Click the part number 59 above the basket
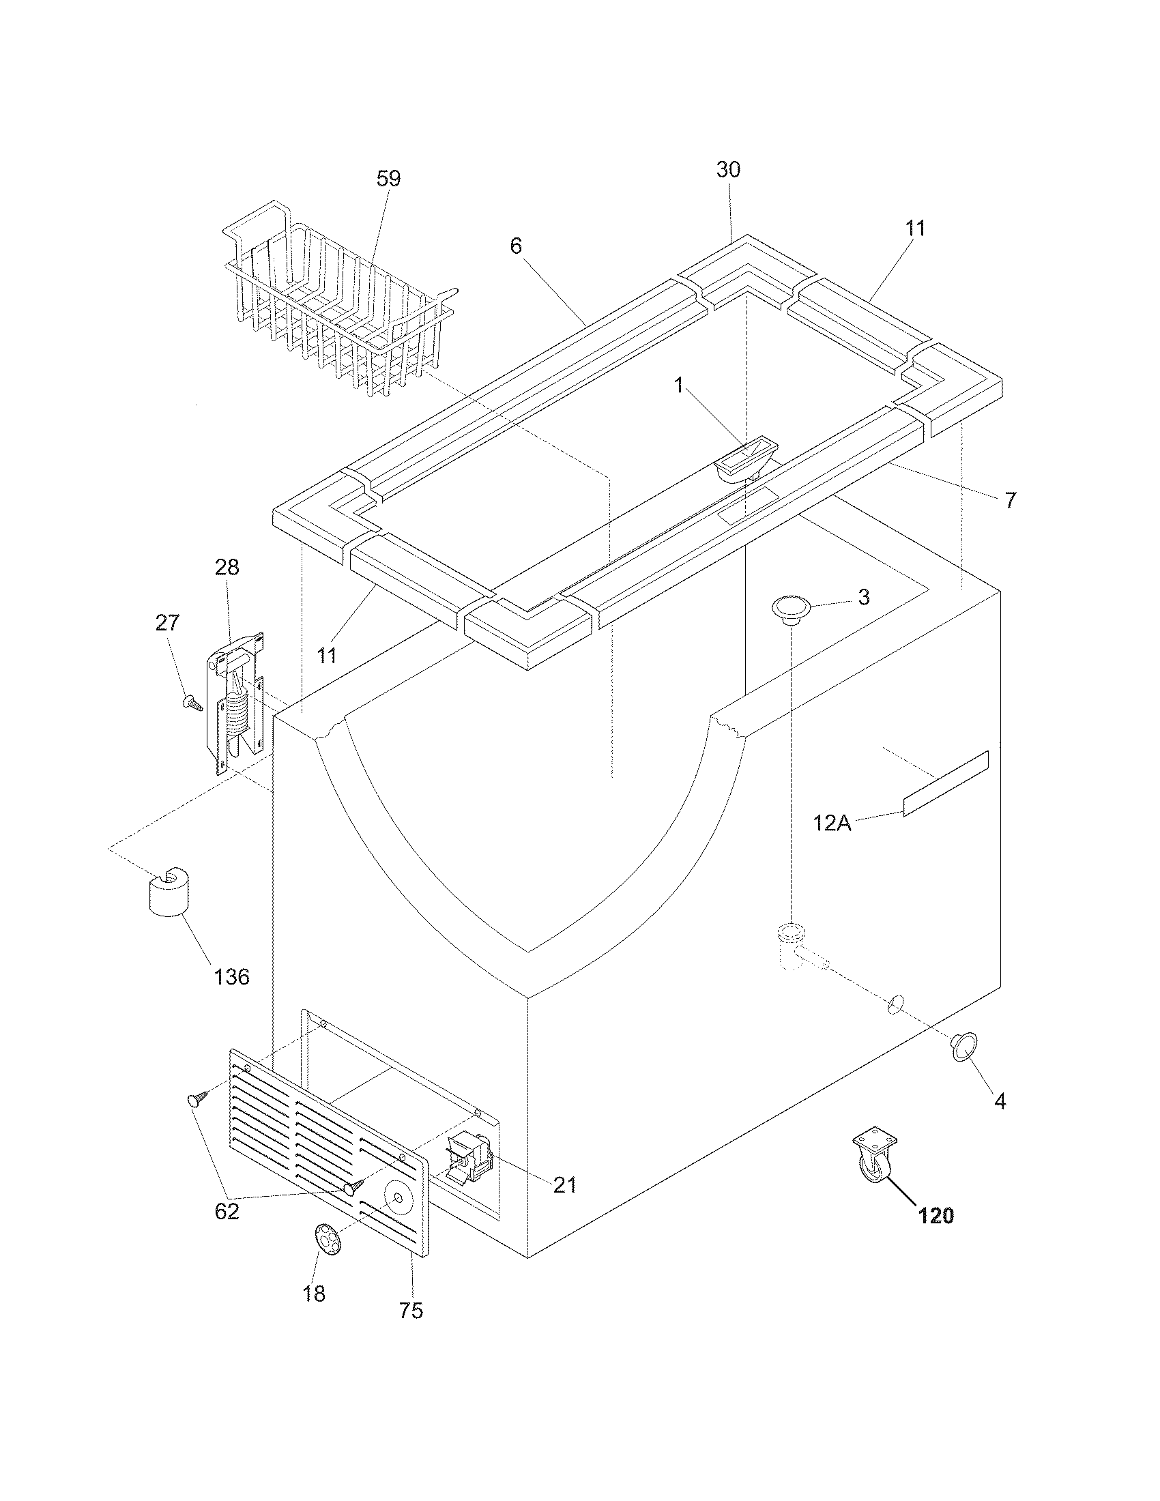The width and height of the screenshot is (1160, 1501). tap(388, 179)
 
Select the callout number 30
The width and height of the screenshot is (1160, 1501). tap(729, 170)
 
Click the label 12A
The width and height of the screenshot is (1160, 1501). tap(832, 823)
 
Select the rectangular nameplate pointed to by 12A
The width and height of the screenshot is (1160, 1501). tap(946, 783)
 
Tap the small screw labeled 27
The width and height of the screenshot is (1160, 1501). tap(192, 702)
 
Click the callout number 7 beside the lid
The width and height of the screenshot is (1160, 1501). tap(1009, 500)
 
